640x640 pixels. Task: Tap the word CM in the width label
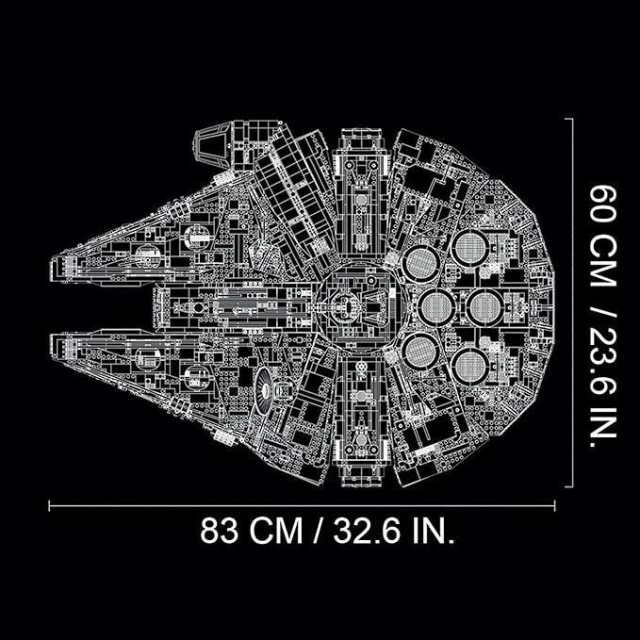pos(276,531)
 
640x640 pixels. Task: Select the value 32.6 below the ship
pos(367,531)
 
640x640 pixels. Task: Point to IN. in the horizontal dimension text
pos(433,531)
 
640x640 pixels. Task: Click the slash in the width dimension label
pos(319,531)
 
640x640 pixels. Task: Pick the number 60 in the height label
pos(602,204)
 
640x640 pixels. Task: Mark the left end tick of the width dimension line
pos(49,506)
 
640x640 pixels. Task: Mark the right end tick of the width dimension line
pos(554,506)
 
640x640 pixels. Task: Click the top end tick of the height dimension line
pos(569,119)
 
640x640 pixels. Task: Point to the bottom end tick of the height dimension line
pos(569,486)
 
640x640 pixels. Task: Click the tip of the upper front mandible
pos(51,270)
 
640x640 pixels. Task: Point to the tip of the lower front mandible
pos(51,347)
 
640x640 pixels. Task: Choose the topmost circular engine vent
pos(471,247)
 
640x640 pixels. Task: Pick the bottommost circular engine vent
pos(471,366)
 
